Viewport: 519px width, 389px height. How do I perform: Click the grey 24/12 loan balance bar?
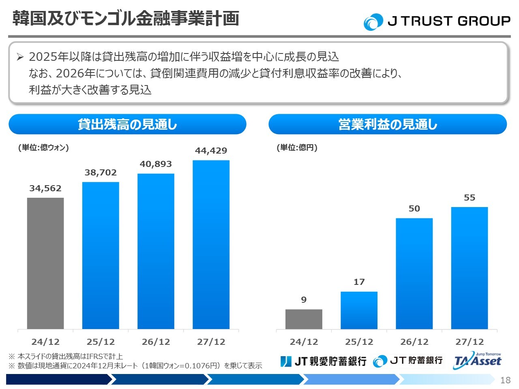click(x=45, y=263)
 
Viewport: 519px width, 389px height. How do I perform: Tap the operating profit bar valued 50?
click(x=414, y=274)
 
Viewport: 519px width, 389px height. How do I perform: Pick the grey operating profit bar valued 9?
click(x=304, y=319)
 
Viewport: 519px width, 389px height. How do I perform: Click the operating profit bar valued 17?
click(x=359, y=310)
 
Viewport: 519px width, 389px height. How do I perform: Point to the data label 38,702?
click(x=101, y=173)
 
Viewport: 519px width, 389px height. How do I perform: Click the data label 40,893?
click(x=156, y=164)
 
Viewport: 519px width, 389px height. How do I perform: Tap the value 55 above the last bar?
click(x=469, y=198)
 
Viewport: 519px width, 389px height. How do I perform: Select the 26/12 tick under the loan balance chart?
click(x=156, y=342)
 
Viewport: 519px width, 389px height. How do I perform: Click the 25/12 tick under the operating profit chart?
click(x=359, y=342)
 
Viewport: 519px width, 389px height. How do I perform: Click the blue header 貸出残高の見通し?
click(x=127, y=124)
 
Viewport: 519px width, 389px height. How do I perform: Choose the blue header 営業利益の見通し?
click(x=388, y=124)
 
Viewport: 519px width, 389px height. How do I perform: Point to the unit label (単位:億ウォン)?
click(x=43, y=147)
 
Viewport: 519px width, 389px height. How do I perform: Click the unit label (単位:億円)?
click(x=297, y=147)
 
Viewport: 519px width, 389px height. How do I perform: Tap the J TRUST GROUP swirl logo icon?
click(x=373, y=22)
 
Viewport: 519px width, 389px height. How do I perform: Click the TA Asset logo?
click(x=478, y=360)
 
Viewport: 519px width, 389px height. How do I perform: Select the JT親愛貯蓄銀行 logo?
click(x=323, y=361)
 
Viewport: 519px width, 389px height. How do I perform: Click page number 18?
click(x=505, y=380)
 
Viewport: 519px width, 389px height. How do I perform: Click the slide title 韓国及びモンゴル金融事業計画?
click(x=126, y=19)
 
